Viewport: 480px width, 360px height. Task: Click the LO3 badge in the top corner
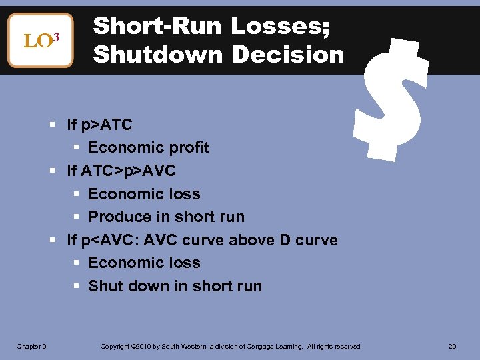[40, 41]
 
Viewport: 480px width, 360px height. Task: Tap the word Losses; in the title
[285, 26]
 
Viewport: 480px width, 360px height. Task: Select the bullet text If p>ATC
[99, 125]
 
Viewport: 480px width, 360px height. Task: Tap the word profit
[187, 147]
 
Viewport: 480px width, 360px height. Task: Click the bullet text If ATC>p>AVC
[121, 171]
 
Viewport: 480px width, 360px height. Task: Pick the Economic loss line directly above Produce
[144, 194]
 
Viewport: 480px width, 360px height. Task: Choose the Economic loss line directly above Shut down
[144, 263]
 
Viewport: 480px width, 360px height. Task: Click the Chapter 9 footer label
[31, 346]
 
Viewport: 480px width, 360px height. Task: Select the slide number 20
[453, 346]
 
